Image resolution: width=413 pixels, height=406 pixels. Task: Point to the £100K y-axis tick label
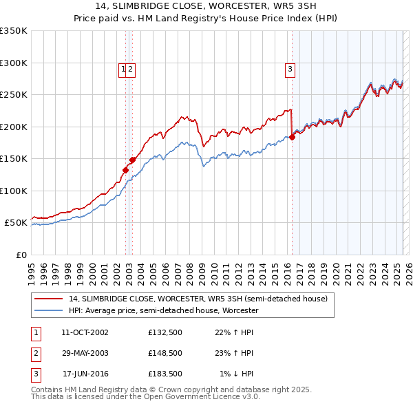point(13,191)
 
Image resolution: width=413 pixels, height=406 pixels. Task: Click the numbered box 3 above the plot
point(290,68)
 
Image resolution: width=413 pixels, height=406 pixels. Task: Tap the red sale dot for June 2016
point(292,137)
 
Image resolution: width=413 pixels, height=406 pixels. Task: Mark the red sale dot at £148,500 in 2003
point(133,160)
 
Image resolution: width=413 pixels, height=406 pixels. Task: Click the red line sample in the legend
point(49,299)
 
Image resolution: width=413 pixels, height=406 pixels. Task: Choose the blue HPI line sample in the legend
point(49,310)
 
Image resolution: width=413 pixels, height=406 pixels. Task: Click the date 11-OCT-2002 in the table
point(85,332)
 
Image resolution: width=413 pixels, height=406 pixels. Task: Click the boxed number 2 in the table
point(35,353)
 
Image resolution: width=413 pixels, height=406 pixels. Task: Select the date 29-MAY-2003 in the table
point(85,353)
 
